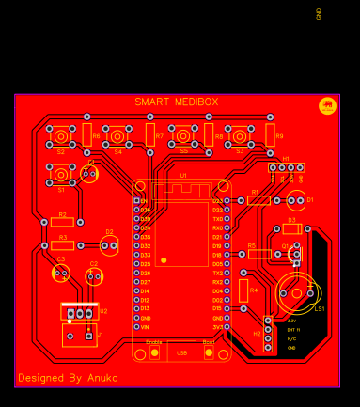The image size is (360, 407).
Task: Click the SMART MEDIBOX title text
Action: tap(178, 102)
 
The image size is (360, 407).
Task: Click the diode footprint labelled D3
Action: tap(292, 228)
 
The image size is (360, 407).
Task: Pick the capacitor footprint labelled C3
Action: tap(61, 273)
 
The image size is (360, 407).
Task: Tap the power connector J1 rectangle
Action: tap(81, 335)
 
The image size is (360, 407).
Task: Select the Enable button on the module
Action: tap(154, 353)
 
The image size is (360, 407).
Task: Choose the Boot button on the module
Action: tap(208, 353)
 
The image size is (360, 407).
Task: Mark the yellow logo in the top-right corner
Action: tap(328, 105)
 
